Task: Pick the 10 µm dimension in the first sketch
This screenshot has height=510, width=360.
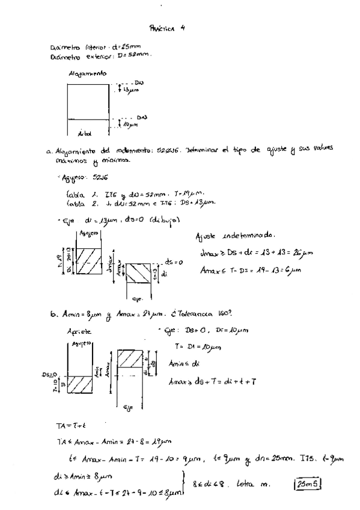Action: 132,124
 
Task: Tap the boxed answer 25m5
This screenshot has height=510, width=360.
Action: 307,482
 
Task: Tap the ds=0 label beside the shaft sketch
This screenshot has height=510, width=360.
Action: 173,262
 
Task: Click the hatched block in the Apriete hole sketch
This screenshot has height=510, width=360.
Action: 81,384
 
